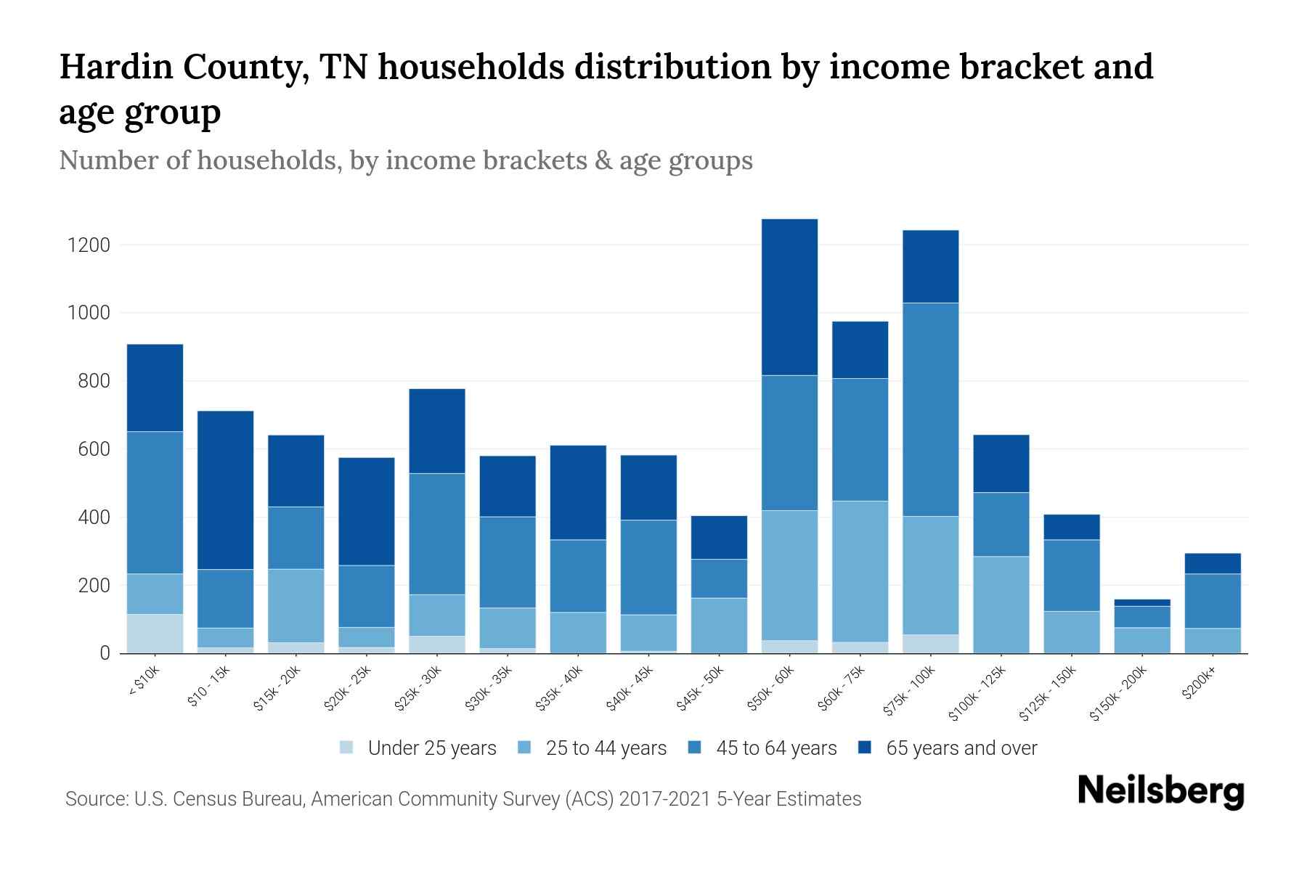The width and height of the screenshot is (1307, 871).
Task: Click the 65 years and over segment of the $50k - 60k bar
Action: (789, 297)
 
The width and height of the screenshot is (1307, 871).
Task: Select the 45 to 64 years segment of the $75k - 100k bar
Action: (930, 409)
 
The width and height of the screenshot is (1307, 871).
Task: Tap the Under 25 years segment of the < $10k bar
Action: (155, 634)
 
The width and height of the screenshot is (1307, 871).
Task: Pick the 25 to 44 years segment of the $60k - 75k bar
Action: (860, 571)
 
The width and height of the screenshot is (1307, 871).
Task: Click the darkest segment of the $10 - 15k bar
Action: (225, 490)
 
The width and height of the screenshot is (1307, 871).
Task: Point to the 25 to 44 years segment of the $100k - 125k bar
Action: (1001, 605)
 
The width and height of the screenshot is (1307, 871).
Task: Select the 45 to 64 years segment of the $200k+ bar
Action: (1212, 601)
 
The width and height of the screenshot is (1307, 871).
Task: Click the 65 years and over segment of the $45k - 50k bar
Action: (719, 537)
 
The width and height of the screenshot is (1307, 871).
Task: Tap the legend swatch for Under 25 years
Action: (347, 748)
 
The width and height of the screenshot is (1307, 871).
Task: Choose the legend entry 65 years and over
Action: (961, 748)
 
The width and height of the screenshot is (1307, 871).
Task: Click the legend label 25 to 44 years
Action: (606, 748)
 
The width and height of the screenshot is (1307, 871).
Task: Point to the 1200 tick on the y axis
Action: (89, 245)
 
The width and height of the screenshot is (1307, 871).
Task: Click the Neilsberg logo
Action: (1160, 791)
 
